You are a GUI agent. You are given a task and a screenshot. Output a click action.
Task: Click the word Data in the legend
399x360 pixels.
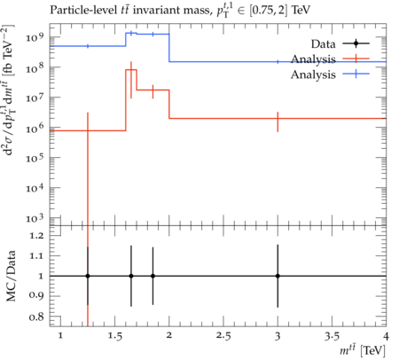[x=323, y=44]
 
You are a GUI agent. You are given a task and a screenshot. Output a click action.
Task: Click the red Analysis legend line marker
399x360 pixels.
[x=356, y=59]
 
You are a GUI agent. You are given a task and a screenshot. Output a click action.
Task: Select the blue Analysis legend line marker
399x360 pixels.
[x=356, y=74]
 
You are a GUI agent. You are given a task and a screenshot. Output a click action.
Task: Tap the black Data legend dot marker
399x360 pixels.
[x=356, y=43]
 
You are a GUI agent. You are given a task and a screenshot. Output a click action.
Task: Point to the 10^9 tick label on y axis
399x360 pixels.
[x=35, y=37]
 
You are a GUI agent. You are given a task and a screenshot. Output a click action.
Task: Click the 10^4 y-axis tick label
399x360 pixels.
[x=35, y=187]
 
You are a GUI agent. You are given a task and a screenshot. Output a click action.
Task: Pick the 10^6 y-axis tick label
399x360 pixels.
[x=35, y=128]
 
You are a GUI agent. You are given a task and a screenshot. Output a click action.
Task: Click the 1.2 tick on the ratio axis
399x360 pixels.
[x=36, y=236]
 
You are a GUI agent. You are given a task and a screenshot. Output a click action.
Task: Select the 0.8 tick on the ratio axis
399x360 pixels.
[x=36, y=317]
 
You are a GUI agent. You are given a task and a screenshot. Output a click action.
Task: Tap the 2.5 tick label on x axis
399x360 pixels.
[x=223, y=336]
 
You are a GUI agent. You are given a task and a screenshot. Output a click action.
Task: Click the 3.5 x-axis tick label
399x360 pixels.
[x=332, y=336]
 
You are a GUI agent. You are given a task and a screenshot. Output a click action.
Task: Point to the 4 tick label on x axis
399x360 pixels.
[x=386, y=336]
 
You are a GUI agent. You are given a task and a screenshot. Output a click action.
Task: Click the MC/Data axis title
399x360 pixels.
[x=12, y=276]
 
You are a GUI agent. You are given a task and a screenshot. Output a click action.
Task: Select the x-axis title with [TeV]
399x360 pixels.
[x=363, y=350]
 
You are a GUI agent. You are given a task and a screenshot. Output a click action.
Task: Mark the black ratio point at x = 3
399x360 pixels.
[x=278, y=276]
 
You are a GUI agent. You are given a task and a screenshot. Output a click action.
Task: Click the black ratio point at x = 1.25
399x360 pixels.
[x=88, y=276]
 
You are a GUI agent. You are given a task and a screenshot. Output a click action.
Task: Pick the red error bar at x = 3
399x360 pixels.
[x=278, y=121]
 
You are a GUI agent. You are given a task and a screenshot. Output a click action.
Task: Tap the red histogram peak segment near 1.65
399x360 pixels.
[x=131, y=70]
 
